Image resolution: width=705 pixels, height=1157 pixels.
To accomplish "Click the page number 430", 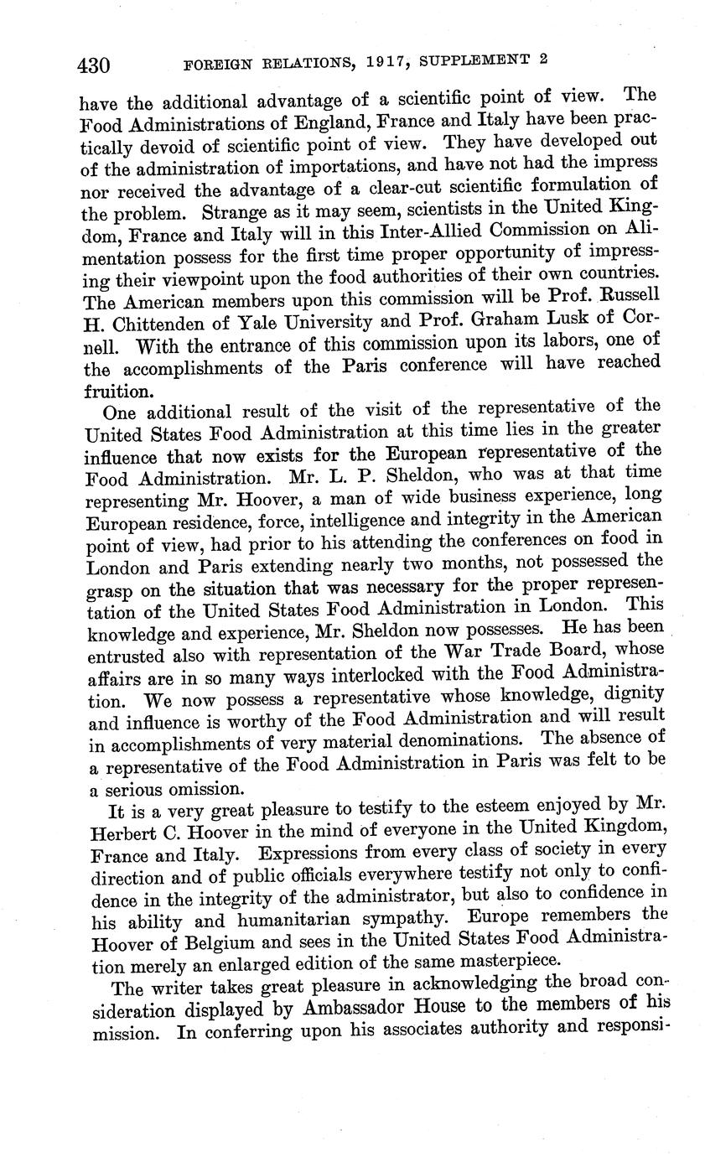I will [x=95, y=65].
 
